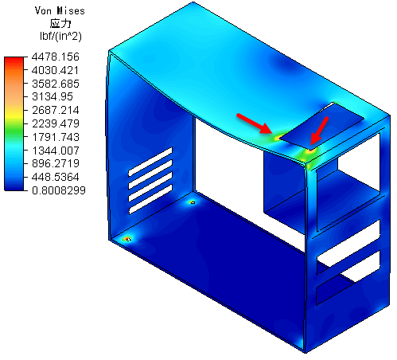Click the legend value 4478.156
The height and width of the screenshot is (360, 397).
click(55, 57)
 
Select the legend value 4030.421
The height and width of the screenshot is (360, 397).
click(55, 70)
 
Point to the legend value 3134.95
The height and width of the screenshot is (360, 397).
click(53, 96)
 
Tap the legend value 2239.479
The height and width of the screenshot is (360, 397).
click(56, 123)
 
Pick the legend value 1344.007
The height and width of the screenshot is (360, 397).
click(56, 151)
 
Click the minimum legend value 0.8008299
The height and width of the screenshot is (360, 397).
click(59, 190)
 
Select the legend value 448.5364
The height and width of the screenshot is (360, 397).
click(56, 177)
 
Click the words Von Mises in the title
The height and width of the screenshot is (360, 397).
click(60, 10)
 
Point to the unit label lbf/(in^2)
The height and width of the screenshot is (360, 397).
click(60, 36)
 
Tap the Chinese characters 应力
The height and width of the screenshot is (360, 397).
click(60, 23)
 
